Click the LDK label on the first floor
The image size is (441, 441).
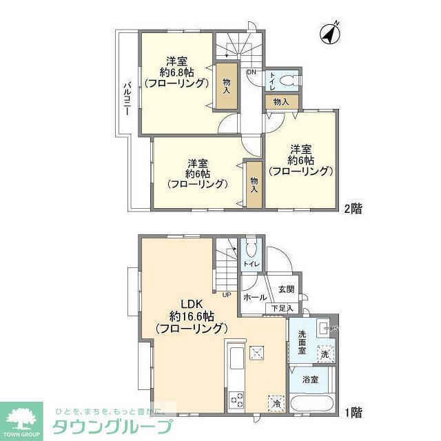[x=192, y=303]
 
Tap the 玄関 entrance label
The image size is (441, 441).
[x=287, y=289]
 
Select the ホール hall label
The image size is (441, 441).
[x=256, y=297]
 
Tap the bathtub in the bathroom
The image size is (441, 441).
[x=313, y=404]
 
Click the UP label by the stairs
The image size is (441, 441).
[x=227, y=294]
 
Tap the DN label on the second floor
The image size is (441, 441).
[x=252, y=72]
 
